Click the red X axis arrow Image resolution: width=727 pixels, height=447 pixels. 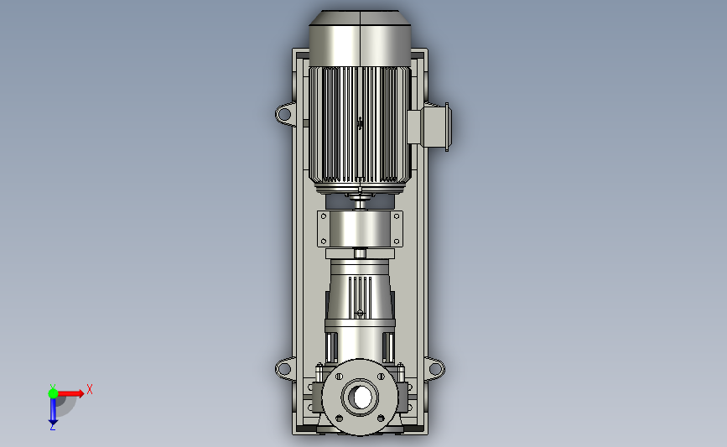click(70, 393)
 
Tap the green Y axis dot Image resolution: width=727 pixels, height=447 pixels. click(53, 393)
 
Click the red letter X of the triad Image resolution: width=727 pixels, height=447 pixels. click(90, 389)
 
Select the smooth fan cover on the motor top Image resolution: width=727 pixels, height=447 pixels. click(360, 39)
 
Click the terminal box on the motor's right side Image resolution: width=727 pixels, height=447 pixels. click(428, 127)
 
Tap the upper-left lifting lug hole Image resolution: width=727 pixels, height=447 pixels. click(284, 113)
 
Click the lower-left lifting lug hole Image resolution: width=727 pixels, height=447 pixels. click(283, 370)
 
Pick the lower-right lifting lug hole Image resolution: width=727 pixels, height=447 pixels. click(436, 369)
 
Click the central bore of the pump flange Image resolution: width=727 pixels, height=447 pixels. click(361, 397)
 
